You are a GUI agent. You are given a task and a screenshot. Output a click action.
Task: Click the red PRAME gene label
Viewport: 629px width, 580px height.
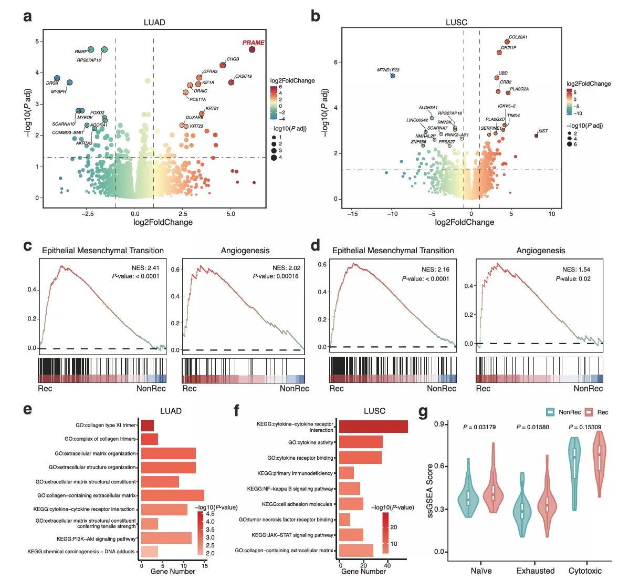click(253, 43)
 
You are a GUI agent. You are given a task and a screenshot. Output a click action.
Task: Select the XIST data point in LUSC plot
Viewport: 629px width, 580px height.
click(536, 136)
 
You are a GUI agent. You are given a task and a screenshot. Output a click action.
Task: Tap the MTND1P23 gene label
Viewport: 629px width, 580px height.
click(388, 70)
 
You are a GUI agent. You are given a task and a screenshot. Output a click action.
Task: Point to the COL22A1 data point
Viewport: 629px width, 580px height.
click(507, 42)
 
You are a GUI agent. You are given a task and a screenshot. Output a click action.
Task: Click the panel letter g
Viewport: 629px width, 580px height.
click(423, 411)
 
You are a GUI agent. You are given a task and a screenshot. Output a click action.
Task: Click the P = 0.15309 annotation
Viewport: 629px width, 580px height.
click(585, 427)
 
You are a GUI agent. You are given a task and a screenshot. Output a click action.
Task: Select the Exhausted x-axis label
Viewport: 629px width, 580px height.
click(535, 571)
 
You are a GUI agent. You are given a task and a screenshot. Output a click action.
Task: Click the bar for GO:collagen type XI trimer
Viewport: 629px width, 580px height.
click(148, 426)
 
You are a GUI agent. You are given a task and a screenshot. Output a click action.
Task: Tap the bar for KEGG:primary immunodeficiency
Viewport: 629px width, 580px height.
click(347, 473)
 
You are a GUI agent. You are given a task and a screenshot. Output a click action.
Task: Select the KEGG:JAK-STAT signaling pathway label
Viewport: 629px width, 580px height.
click(292, 535)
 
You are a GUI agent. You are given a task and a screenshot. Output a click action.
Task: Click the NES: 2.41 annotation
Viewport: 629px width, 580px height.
click(145, 267)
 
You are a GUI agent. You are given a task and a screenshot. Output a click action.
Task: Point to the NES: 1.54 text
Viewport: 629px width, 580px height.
click(576, 270)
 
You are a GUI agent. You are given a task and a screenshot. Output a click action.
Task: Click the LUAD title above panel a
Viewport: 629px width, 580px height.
click(154, 23)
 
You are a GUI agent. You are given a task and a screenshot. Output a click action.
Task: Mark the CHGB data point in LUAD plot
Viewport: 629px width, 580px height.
click(223, 65)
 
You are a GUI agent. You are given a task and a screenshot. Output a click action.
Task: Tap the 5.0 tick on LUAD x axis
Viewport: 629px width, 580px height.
click(230, 214)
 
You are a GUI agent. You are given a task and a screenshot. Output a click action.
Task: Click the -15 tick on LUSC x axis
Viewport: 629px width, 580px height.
click(353, 214)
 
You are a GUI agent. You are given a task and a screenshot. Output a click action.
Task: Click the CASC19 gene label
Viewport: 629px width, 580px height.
click(243, 76)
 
